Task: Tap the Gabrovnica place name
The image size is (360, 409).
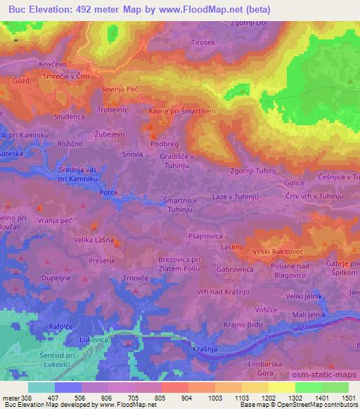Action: pyautogui.click(x=235, y=270)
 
